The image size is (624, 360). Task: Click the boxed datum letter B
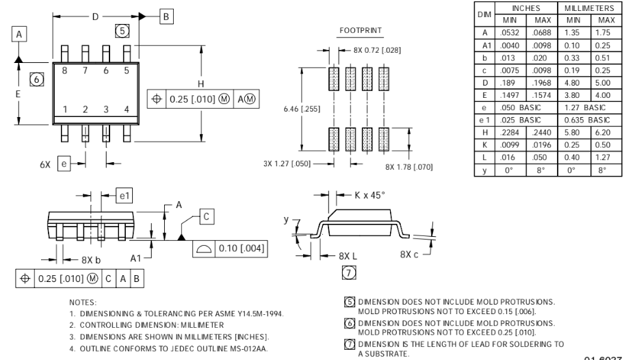point(166,16)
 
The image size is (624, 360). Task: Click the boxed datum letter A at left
point(19,34)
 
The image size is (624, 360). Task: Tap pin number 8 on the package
point(64,70)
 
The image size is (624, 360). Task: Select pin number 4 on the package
point(127,109)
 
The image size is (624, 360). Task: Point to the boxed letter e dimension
point(64,164)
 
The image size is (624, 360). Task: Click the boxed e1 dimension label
point(125,196)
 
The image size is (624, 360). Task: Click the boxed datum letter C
point(207,217)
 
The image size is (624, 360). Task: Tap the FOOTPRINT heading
point(361,30)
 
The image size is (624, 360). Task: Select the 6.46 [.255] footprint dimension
point(302,109)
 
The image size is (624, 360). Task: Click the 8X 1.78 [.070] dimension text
point(408,167)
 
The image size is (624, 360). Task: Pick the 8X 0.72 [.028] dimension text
point(377,50)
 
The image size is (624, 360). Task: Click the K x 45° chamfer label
point(370,195)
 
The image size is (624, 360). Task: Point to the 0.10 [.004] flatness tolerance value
point(241,248)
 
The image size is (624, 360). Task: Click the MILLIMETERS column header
point(589,8)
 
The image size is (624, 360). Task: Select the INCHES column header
point(526,8)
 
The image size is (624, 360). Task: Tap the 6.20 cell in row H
point(603,133)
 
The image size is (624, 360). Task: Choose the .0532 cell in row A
point(510,33)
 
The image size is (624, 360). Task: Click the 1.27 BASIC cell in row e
point(585,107)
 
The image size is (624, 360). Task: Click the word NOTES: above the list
point(83,303)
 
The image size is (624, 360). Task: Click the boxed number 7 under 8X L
point(349,273)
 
